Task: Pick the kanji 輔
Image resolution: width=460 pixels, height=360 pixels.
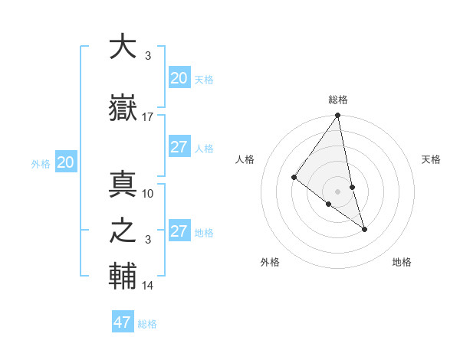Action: pos(123,276)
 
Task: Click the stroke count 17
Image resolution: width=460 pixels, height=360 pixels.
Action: pos(148,117)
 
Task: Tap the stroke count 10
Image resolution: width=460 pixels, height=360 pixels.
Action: pos(148,194)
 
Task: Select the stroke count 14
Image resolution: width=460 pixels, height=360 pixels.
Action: pos(148,286)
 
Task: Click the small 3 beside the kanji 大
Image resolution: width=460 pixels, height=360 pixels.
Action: pos(147,56)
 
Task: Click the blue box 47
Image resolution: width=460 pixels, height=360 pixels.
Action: pos(123,322)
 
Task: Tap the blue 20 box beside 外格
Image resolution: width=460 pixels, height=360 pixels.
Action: pos(66,162)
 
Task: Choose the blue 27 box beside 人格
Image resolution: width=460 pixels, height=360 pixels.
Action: pos(179,147)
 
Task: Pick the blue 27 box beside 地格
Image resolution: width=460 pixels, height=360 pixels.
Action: pos(179,231)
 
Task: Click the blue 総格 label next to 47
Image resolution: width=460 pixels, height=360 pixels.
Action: pos(147,324)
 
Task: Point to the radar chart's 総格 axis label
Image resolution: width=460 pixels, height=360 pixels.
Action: pos(338,100)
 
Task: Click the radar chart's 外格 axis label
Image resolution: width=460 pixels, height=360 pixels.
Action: pos(270,262)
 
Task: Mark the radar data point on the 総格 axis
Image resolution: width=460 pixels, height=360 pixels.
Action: pos(338,116)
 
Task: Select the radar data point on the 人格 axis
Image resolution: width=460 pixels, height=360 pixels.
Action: pos(294,178)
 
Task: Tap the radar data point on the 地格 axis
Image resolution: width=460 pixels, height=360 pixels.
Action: pos(364,229)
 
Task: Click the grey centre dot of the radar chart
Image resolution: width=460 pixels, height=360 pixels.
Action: pos(337,191)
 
